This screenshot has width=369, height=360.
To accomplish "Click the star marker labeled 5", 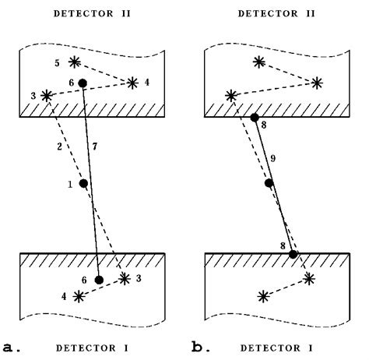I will (x=75, y=62).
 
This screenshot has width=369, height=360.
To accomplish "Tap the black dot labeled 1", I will (x=84, y=184).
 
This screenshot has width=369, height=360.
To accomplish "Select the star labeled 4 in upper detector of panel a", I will (x=132, y=82).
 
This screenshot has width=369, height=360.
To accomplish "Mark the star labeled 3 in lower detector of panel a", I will (x=125, y=278).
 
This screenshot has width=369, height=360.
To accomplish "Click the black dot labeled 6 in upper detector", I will (x=83, y=82).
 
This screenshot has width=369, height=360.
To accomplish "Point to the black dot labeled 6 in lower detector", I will (x=99, y=280).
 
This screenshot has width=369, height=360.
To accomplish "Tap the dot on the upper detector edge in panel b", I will (x=255, y=118).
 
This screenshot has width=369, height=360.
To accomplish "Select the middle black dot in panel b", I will (x=269, y=184).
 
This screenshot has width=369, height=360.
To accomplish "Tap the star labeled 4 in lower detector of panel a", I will (x=79, y=296).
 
